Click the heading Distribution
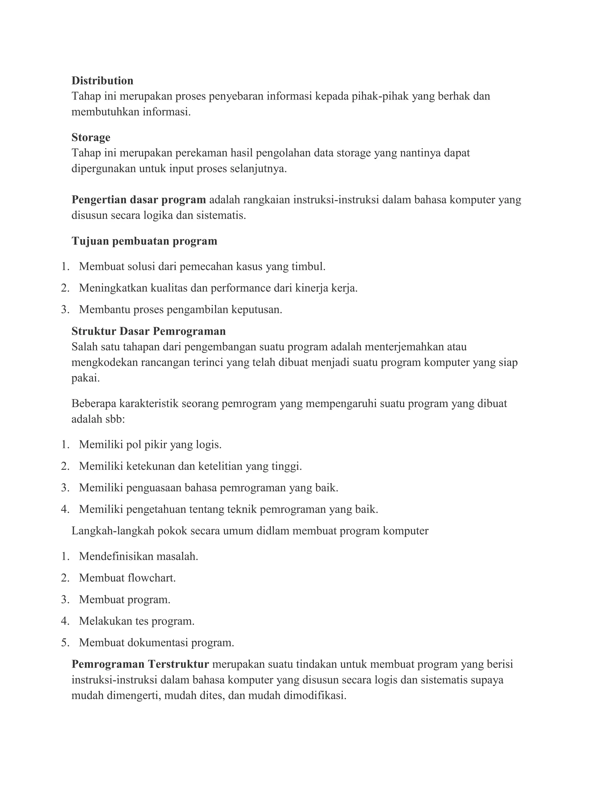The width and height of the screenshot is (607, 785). (x=102, y=81)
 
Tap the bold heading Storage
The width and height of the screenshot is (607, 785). (x=91, y=137)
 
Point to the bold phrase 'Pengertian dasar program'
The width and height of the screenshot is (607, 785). (x=138, y=199)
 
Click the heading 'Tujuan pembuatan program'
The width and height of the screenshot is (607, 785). (x=144, y=241)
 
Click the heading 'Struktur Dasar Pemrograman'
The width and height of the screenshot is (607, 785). (x=148, y=331)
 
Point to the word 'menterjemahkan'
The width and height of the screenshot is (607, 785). (x=404, y=347)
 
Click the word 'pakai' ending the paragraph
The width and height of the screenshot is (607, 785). (x=84, y=378)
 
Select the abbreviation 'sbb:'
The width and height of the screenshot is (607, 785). (x=115, y=419)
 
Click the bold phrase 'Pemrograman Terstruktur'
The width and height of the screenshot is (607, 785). (x=140, y=664)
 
